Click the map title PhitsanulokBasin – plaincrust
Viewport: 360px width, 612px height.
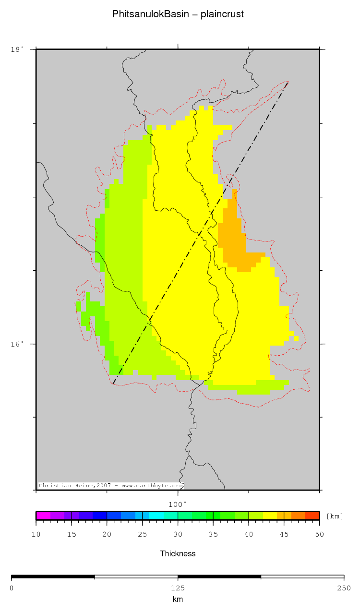(178, 14)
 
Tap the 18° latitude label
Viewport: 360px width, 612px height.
(17, 49)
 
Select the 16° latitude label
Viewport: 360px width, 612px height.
(17, 344)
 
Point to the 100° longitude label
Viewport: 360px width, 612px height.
(177, 504)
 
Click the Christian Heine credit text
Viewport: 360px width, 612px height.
(111, 486)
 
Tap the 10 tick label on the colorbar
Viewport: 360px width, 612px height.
(36, 534)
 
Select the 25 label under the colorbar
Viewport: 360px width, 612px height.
(142, 534)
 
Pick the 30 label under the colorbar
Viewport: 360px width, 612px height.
(178, 534)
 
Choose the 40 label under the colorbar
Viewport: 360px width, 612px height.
(249, 534)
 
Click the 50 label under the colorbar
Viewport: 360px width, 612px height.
(319, 534)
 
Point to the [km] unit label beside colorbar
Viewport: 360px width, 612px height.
(335, 516)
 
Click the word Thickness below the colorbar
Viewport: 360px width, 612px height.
(178, 553)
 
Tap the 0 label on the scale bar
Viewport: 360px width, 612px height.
(12, 588)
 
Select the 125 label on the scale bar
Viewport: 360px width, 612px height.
(178, 588)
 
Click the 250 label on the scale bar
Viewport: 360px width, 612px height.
(344, 588)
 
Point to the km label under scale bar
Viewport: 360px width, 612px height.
(178, 599)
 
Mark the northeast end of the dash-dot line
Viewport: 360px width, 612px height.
(288, 83)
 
